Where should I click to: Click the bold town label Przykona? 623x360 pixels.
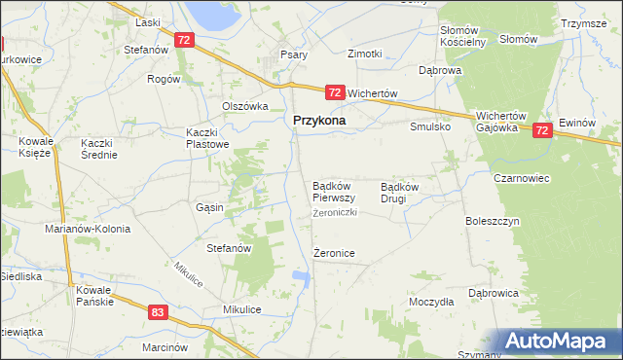(320, 121)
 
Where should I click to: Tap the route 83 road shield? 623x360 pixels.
(159, 312)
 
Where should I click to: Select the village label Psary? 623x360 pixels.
(294, 54)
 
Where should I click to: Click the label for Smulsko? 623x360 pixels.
(429, 126)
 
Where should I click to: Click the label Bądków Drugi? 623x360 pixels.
(400, 192)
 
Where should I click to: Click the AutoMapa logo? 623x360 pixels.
(558, 342)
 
